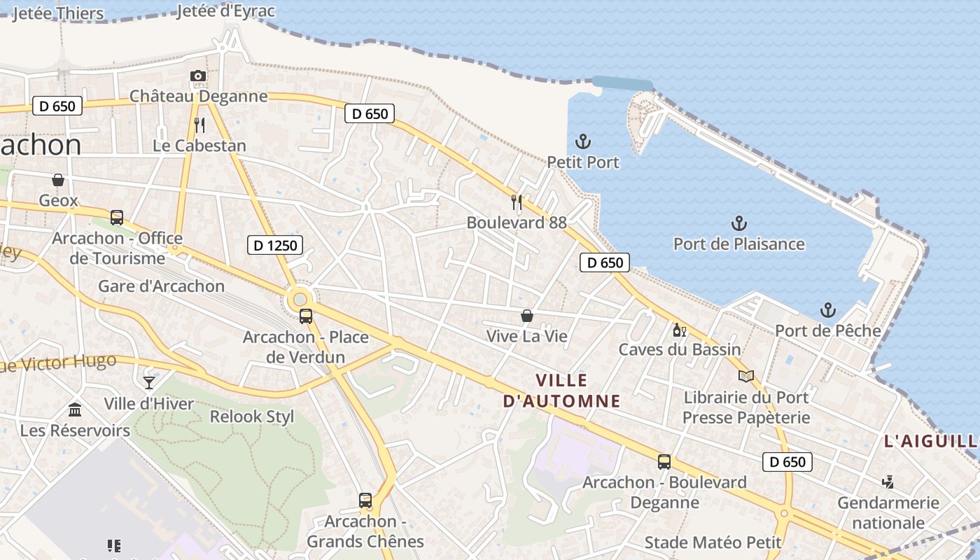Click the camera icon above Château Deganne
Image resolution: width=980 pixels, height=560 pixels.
198,76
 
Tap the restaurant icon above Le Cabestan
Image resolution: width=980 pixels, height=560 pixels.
199,125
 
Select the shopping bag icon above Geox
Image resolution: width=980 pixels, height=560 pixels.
58,180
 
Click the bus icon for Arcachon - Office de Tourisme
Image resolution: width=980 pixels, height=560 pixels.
117,218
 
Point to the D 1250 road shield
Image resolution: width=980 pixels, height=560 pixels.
275,245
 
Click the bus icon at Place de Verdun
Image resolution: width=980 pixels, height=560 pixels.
306,316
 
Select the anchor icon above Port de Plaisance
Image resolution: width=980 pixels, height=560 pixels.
738,223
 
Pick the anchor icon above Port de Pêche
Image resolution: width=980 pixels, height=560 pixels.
828,309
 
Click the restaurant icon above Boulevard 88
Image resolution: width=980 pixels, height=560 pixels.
517,202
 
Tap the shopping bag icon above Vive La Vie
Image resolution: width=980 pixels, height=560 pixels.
527,316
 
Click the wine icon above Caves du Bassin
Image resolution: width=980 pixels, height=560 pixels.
679,330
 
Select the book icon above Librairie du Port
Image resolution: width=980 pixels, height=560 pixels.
746,377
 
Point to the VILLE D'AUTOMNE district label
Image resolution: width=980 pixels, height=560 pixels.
562,391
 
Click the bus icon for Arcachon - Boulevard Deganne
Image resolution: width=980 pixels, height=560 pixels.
664,462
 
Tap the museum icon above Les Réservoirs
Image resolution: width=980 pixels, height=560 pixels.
75,410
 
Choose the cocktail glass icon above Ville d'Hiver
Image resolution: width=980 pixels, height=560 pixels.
149,382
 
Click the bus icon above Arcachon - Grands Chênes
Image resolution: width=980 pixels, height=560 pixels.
365,500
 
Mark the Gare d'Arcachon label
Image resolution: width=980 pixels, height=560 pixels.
161,286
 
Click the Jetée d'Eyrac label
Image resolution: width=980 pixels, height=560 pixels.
226,11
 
